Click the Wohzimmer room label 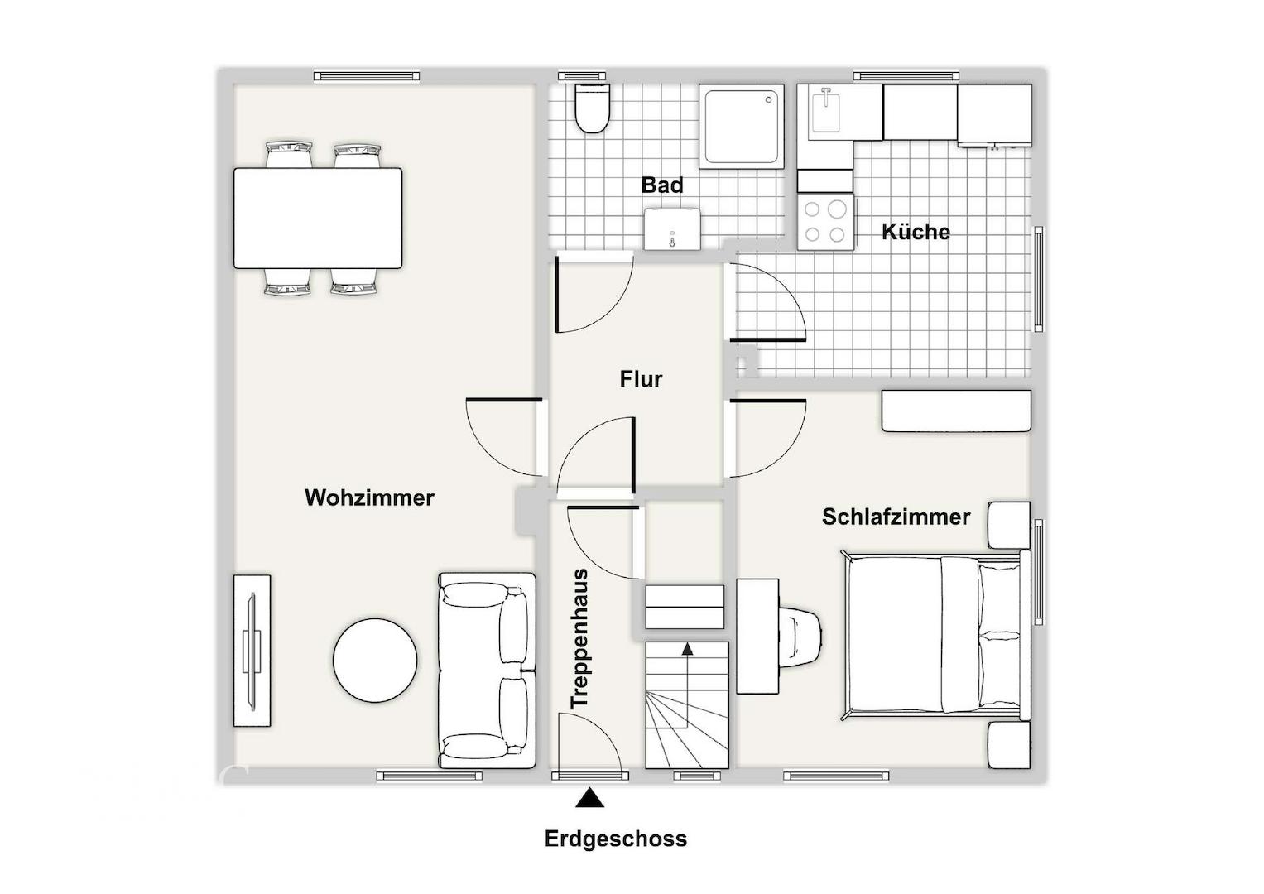pyautogui.click(x=369, y=497)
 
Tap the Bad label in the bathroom pyautogui.click(x=662, y=185)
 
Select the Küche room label pyautogui.click(x=916, y=231)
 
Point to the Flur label pyautogui.click(x=641, y=379)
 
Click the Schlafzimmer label pyautogui.click(x=896, y=517)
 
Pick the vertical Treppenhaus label pyautogui.click(x=579, y=638)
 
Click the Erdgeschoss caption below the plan pyautogui.click(x=616, y=839)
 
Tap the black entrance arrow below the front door pyautogui.click(x=589, y=798)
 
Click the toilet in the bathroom pyautogui.click(x=592, y=108)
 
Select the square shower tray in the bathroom pyautogui.click(x=742, y=127)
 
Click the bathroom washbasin pyautogui.click(x=672, y=228)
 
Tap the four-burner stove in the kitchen pyautogui.click(x=825, y=222)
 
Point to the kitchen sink pyautogui.click(x=826, y=112)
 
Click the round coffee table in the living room pyautogui.click(x=375, y=661)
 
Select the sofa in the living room pyautogui.click(x=487, y=670)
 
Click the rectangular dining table pyautogui.click(x=318, y=218)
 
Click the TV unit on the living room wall pyautogui.click(x=252, y=650)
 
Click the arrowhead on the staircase pyautogui.click(x=687, y=649)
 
